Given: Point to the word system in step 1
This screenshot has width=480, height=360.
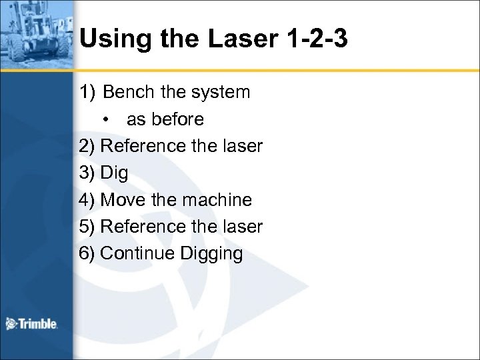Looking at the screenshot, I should coord(218,91).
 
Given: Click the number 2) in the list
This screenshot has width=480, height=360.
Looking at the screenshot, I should coord(87,145).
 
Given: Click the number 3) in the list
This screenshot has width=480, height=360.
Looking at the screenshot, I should coord(87,173).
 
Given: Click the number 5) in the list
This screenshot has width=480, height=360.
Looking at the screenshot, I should coord(87,227).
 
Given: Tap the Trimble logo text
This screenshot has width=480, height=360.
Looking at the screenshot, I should coord(39,325).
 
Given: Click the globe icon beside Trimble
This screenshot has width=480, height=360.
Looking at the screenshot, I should coord(11,324).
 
